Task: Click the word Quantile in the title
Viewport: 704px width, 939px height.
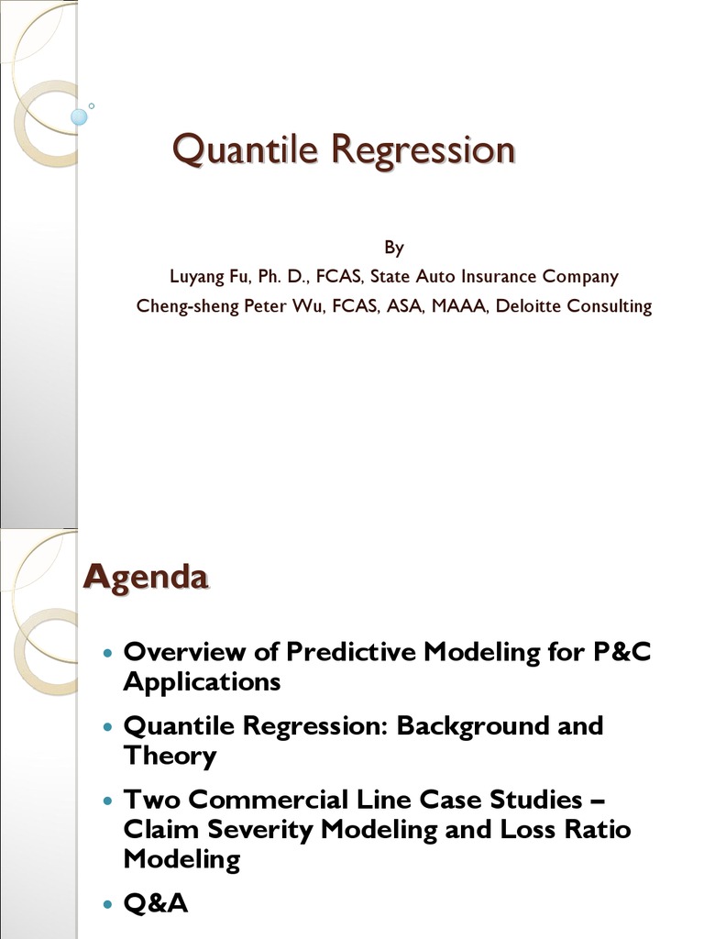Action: click(x=245, y=149)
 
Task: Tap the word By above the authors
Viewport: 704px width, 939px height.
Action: click(x=394, y=248)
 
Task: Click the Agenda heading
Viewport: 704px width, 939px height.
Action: click(x=146, y=578)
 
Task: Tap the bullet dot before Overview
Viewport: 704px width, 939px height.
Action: click(x=108, y=652)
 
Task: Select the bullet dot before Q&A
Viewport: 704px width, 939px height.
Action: click(x=108, y=903)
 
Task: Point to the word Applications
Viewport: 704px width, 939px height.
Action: click(x=202, y=682)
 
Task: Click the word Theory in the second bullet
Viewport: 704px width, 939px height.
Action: click(x=170, y=757)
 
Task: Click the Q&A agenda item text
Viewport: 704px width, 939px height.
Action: click(x=156, y=903)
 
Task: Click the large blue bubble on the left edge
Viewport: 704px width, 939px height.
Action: click(x=79, y=117)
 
